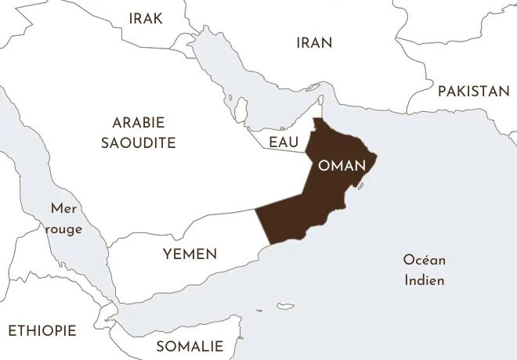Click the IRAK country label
(146, 18)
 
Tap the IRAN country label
(314, 43)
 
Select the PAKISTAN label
(473, 92)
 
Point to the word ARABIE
(138, 123)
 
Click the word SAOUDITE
(138, 142)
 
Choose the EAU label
(283, 142)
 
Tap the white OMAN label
(342, 166)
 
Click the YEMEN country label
(190, 254)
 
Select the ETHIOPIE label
(42, 330)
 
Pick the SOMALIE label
(189, 346)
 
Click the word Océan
(424, 260)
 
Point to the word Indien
(425, 279)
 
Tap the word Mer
(63, 208)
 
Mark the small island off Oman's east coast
(361, 186)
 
